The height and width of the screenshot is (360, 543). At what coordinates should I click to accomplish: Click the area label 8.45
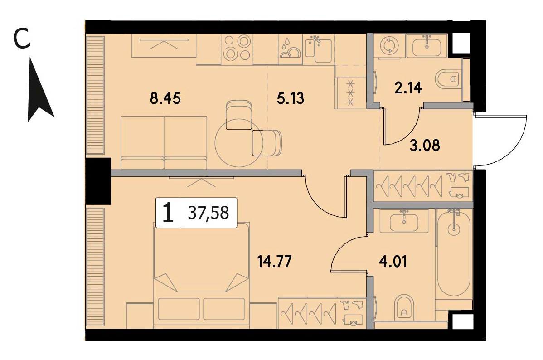coord(165,98)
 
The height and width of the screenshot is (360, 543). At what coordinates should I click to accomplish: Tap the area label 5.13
coord(290,98)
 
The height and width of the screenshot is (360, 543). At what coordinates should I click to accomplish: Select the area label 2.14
coord(408,88)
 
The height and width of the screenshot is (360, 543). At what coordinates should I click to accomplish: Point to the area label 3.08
coord(425,146)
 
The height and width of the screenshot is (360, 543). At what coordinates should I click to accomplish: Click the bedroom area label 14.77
coord(274,261)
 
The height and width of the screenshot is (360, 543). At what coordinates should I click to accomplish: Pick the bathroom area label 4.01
coord(393,261)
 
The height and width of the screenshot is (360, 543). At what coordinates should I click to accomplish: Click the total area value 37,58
coord(208,212)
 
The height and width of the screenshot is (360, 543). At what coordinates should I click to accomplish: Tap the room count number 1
coord(168,212)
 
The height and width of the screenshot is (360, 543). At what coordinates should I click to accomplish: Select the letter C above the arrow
coord(21,39)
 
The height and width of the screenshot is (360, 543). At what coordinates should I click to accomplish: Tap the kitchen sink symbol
coord(318,49)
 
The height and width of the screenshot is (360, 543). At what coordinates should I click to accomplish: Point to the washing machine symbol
coord(389,46)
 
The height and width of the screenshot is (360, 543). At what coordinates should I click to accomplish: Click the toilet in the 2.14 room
coord(449,79)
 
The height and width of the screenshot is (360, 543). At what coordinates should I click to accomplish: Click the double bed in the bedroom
coord(201,275)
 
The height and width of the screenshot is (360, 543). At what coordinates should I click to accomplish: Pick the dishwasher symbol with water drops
coord(290,49)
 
